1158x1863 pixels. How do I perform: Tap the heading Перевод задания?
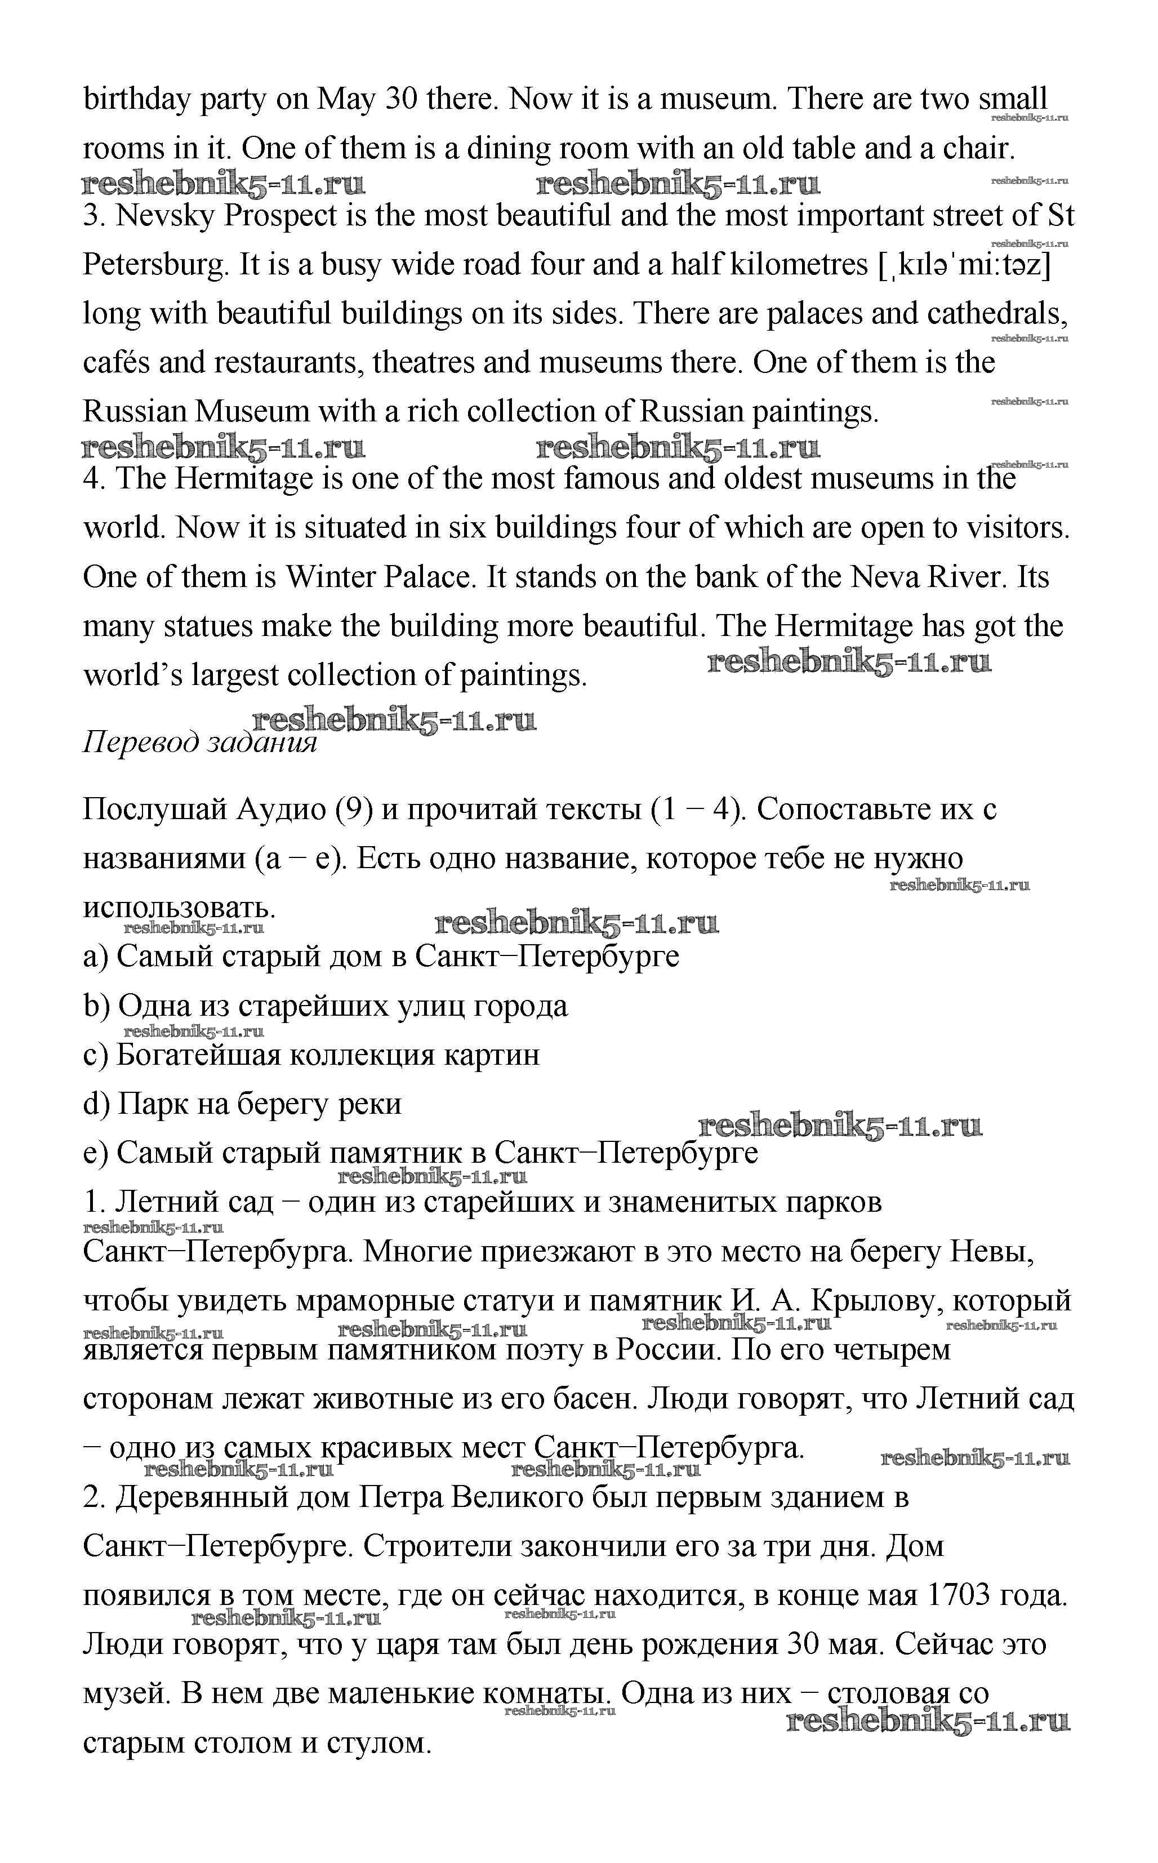[199, 742]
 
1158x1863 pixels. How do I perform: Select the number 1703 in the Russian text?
[959, 1595]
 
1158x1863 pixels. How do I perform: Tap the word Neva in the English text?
[886, 577]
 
